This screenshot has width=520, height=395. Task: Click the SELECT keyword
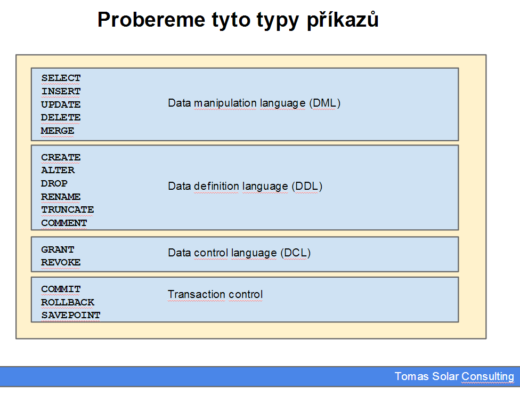pos(61,78)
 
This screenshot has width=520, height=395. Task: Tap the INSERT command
pos(61,91)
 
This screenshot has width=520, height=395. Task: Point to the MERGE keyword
pos(58,131)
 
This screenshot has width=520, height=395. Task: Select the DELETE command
pos(61,117)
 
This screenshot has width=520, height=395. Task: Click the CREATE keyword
pos(61,157)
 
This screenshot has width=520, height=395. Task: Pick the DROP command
pos(54,183)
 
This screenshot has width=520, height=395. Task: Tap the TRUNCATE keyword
pos(67,210)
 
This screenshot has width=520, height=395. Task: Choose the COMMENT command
pos(64,223)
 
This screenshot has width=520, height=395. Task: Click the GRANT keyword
pos(58,249)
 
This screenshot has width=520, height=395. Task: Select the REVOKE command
pos(61,263)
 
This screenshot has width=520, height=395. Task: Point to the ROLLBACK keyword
pos(68,302)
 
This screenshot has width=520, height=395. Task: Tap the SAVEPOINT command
pos(71,316)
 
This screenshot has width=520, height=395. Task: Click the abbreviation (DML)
pos(324,103)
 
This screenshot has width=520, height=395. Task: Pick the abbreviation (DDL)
pos(307,186)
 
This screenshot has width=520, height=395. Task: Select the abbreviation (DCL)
pos(296,253)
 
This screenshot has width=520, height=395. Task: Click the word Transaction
pos(197,294)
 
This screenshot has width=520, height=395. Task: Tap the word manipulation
pos(225,103)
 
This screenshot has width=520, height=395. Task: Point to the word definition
pos(216,186)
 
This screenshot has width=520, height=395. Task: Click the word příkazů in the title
pos(343,20)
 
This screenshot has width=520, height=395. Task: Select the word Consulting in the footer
pos(488,377)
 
